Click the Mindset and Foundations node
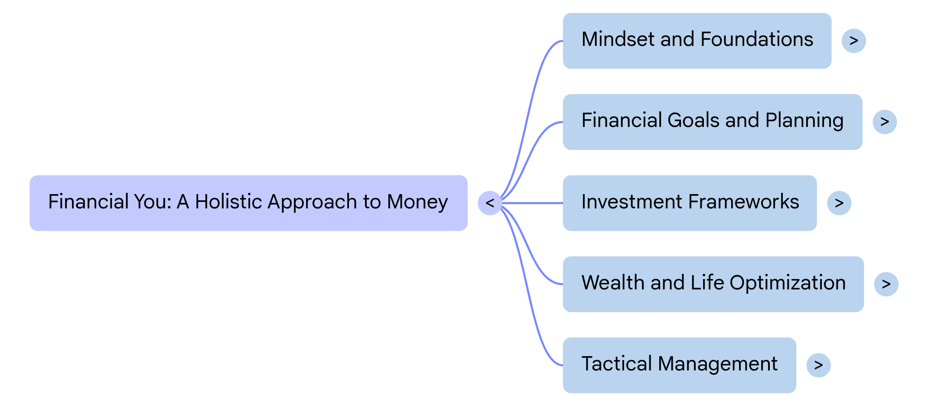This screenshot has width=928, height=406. coord(697,40)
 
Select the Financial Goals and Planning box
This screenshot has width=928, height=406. coord(712,122)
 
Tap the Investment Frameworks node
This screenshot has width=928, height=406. coord(689,203)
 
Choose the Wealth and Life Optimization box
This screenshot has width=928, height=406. coord(713,284)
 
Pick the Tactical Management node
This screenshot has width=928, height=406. coord(679,365)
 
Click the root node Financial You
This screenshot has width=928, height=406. coord(248,203)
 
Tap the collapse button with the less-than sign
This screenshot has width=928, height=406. coord(490,203)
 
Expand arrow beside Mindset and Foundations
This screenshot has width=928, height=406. coord(853,41)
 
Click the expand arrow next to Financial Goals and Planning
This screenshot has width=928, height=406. coord(885,122)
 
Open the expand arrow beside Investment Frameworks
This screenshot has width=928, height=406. coord(839,203)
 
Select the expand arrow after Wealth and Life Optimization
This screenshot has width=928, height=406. coord(886,284)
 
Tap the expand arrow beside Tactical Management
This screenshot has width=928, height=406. coord(818,365)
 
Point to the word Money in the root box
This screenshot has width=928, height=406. coord(417,202)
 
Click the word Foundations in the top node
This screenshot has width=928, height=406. coord(757,39)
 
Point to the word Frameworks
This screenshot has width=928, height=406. coord(743,202)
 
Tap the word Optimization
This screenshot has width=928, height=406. coord(788,283)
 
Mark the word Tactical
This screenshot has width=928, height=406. coord(616,364)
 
